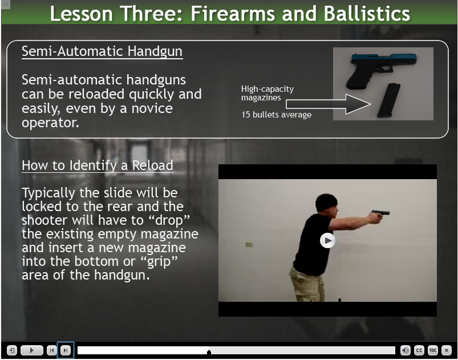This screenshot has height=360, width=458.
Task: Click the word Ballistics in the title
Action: (x=367, y=14)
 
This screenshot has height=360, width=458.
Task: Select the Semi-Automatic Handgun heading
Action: (x=102, y=51)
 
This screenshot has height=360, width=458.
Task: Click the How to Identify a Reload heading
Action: (x=98, y=165)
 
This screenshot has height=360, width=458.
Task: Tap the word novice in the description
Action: (x=152, y=108)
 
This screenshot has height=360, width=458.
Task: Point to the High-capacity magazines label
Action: (x=267, y=93)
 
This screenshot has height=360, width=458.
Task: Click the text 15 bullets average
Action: (x=276, y=115)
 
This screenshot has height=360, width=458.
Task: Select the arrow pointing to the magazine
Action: (x=329, y=104)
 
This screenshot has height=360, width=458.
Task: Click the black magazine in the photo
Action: (x=389, y=100)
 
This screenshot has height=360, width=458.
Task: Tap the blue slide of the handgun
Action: (x=384, y=57)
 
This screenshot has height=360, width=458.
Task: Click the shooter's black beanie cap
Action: (x=326, y=201)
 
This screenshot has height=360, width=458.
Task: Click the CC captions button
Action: (x=419, y=350)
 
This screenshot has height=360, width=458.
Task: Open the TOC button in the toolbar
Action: (x=432, y=350)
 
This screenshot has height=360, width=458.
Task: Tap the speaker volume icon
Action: (x=405, y=350)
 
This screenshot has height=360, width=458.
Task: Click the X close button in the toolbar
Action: (x=447, y=350)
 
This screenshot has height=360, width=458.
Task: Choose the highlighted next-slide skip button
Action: (x=66, y=350)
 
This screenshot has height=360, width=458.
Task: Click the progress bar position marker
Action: (x=209, y=351)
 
